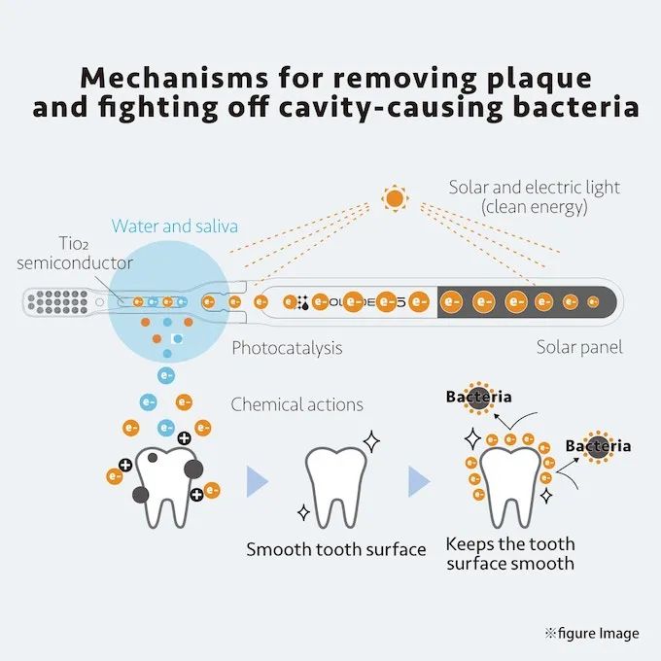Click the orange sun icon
394,199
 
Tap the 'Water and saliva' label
175,226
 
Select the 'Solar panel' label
579,347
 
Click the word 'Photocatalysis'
287,347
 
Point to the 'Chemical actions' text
296,404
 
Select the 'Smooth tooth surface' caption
335,550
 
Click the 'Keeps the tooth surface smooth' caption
510,554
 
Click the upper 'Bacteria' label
478,397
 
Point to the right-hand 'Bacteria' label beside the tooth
598,446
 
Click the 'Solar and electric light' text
534,188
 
